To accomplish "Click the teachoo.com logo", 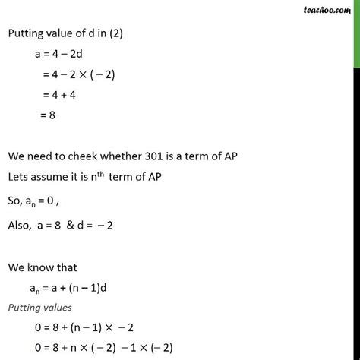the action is click(x=331, y=11).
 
